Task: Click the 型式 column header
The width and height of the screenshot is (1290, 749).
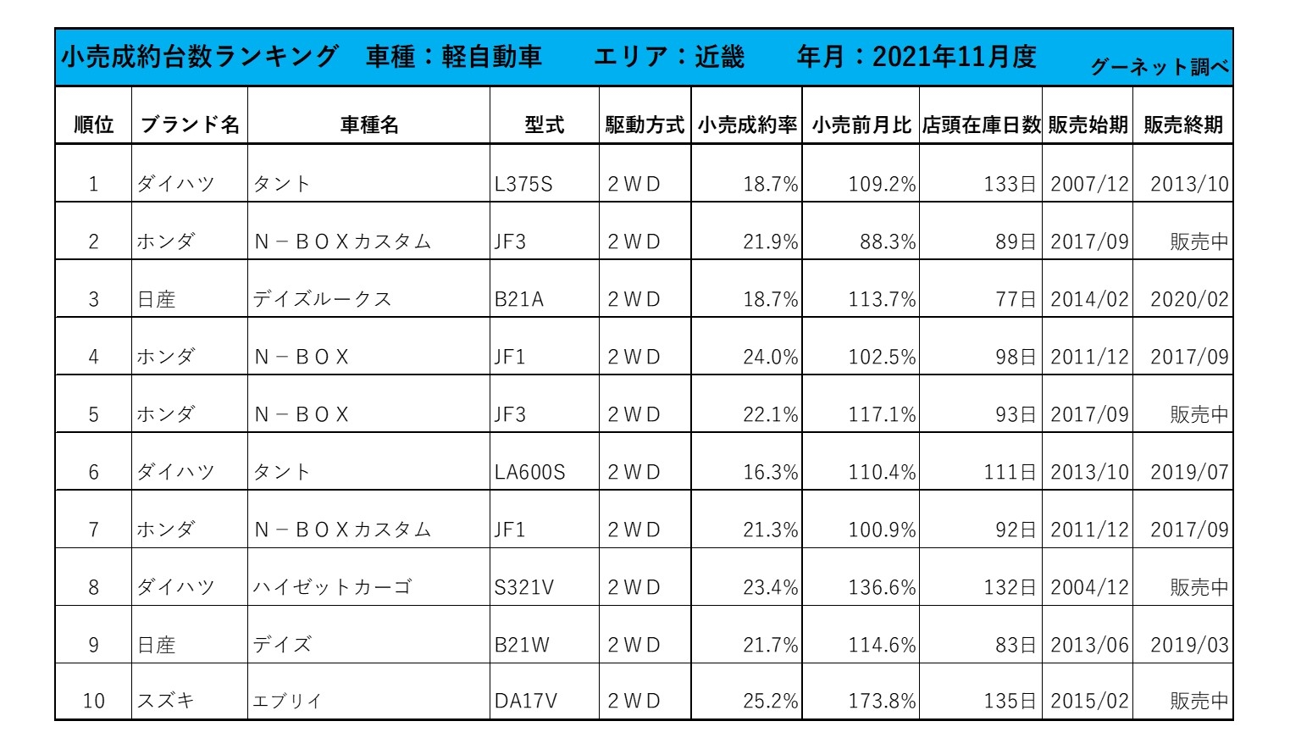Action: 544,125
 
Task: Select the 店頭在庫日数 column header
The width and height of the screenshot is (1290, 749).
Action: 981,125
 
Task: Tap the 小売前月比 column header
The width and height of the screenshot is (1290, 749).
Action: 861,125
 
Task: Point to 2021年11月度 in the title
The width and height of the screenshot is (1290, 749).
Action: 954,57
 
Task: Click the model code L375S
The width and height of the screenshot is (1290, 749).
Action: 523,184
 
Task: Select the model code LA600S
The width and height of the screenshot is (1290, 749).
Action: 529,472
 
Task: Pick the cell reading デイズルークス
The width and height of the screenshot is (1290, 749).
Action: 322,299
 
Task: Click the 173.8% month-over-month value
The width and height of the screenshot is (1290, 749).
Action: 882,702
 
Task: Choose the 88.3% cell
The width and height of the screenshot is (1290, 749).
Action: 888,241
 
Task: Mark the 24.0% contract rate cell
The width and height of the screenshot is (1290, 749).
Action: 770,357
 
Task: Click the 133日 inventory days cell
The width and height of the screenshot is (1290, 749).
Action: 1010,184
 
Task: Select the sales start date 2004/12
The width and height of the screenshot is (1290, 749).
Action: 1089,587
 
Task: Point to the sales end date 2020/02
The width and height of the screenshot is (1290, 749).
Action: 1188,299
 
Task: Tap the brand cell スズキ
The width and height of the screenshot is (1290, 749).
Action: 166,702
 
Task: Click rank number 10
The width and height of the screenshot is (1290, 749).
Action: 93,702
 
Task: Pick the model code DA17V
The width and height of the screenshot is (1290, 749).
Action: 526,702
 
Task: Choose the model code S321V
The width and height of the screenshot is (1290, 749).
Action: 524,587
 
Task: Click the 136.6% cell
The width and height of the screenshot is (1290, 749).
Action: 882,587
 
